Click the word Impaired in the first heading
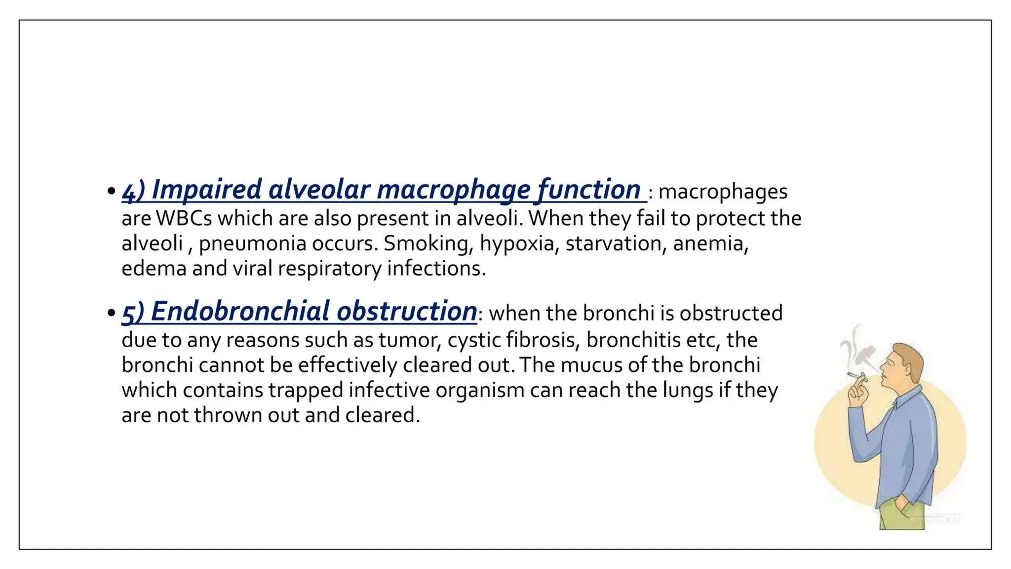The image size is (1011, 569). [206, 190]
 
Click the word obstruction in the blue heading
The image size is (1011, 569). [406, 312]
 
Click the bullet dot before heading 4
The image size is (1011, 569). [111, 192]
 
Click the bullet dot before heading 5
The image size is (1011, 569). [111, 313]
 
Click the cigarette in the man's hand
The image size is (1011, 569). [854, 376]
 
